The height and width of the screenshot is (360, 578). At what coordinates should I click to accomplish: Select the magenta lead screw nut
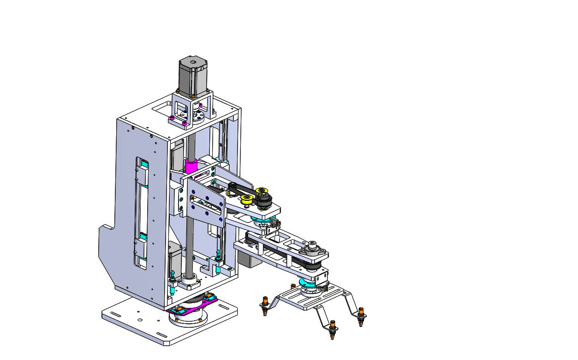coord(191,165)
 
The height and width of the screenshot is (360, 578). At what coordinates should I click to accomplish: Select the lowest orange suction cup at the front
coord(332,330)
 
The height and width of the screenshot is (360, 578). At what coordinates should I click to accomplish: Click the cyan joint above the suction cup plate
coord(308,284)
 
